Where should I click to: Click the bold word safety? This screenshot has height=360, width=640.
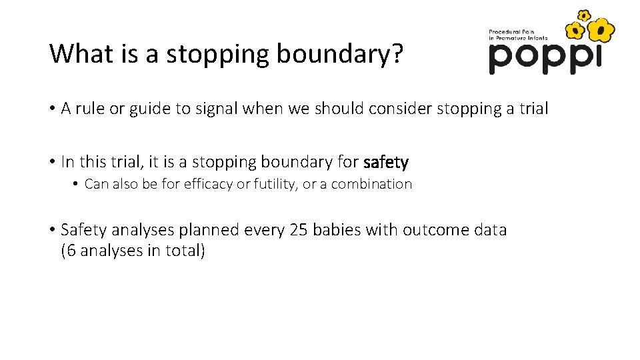(386, 162)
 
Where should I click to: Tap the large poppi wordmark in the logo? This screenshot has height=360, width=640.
(544, 58)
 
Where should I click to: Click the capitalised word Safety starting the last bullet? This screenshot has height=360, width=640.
(83, 230)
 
